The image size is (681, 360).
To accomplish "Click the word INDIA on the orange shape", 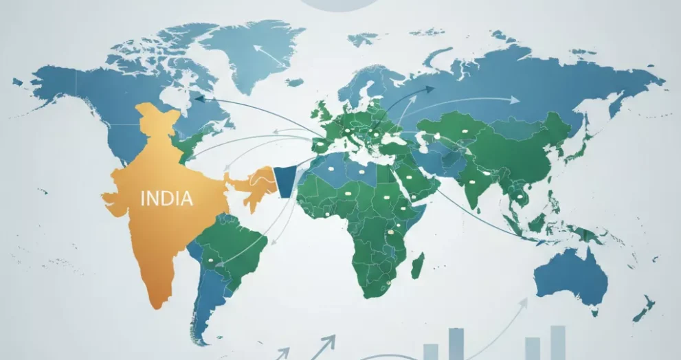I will click(x=166, y=199).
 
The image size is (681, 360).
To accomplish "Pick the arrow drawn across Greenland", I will click(x=269, y=56).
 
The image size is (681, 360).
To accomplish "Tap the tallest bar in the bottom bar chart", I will click(x=456, y=343).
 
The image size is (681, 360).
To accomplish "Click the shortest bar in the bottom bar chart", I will click(x=431, y=351).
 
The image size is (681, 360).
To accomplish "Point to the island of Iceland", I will click(x=295, y=82).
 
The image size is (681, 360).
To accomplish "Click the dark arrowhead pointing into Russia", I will click(x=429, y=89).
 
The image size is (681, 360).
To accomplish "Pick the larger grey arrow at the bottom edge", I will click(x=328, y=340).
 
